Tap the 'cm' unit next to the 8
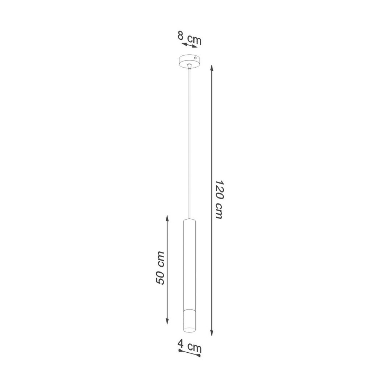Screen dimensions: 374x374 pos(194,39)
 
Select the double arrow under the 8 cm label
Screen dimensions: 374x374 pos(189,45)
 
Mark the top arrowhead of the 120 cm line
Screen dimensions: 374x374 pos(212,68)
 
